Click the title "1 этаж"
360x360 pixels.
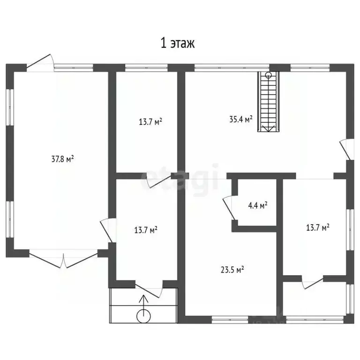pyautogui.click(x=178, y=43)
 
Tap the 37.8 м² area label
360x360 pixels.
pyautogui.click(x=62, y=159)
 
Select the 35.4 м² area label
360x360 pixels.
pyautogui.click(x=241, y=119)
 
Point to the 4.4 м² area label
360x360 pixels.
pyautogui.click(x=258, y=205)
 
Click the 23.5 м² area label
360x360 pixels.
pyautogui.click(x=232, y=270)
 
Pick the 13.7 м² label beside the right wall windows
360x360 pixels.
pyautogui.click(x=318, y=227)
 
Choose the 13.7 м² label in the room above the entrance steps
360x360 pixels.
pyautogui.click(x=146, y=230)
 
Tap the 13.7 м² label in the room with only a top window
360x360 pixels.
pyautogui.click(x=150, y=121)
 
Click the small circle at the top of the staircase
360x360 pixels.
pyautogui.click(x=268, y=75)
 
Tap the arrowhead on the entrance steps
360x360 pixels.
pyautogui.click(x=143, y=298)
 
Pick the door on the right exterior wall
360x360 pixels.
pyautogui.click(x=345, y=149)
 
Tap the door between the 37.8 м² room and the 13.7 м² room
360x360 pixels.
pyautogui.click(x=107, y=230)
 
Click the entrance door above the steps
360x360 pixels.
pyautogui.click(x=149, y=290)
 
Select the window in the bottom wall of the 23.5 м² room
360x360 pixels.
pyautogui.click(x=230, y=319)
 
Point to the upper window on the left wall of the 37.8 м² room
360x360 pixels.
pyautogui.click(x=10, y=107)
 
